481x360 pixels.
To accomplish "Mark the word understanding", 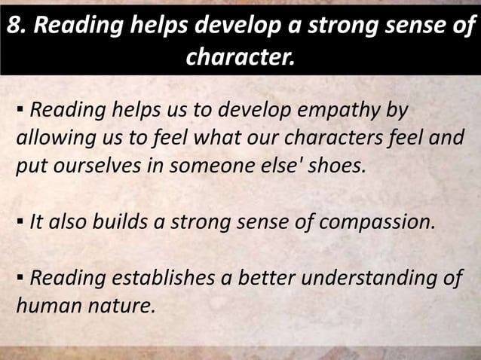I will click(x=370, y=279).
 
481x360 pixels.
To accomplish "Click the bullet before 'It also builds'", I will click(x=18, y=222).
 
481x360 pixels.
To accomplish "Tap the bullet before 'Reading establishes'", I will click(x=18, y=279).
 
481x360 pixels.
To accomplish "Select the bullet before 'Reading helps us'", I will click(x=18, y=112).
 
